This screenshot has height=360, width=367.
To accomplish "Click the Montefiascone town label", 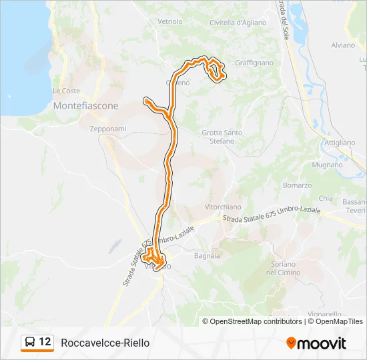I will point(85,106).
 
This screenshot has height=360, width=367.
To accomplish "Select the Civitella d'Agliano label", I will point(238,23).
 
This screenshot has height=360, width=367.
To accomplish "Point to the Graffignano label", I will point(254,63).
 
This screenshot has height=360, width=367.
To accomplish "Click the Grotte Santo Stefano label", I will point(222,137).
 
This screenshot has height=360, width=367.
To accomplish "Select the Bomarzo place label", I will point(297,185).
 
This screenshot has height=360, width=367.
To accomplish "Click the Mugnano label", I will point(327,163).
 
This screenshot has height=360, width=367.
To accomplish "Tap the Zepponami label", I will point(103,129).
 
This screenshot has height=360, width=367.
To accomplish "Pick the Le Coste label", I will point(66,91).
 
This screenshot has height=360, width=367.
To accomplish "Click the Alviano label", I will point(343,46).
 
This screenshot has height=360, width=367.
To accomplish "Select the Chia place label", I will point(326,199).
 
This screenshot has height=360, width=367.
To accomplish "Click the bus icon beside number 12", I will point(30,343).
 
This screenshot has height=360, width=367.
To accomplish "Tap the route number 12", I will point(45,342).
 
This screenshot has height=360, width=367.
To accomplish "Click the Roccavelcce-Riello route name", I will point(105,343).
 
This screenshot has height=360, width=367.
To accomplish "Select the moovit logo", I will point(316,343).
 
